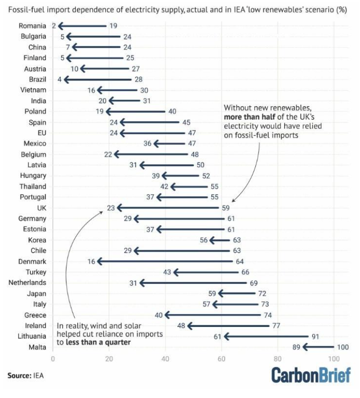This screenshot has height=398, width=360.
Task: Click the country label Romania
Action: point(33,26)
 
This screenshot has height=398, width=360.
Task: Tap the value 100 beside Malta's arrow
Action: point(343,347)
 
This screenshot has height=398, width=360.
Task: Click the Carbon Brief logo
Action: point(311,375)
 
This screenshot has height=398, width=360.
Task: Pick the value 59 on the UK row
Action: point(226,208)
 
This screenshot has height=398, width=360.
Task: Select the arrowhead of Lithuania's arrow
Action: point(227,336)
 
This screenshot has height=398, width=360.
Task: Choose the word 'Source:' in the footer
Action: point(19,375)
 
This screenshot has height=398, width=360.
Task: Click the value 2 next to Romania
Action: point(54,26)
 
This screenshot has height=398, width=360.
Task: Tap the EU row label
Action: point(42,133)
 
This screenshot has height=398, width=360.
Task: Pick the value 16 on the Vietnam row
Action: point(91,90)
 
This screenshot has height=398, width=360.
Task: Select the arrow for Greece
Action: point(213,315)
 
